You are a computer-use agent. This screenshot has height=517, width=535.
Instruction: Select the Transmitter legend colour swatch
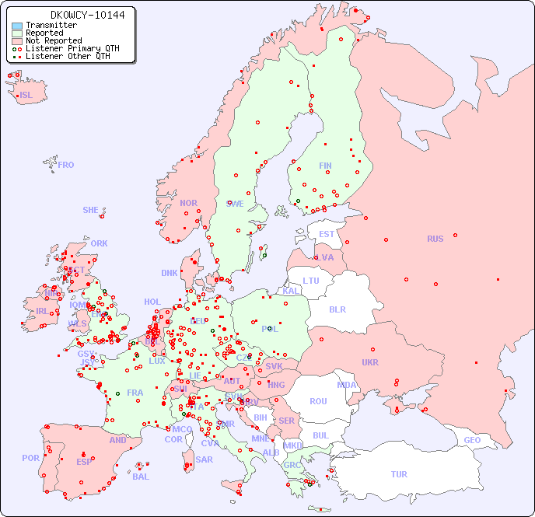17,25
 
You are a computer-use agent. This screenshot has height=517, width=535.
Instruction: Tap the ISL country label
26,96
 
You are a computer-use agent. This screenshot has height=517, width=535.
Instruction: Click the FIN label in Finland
325,166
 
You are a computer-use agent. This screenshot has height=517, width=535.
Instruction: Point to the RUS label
435,239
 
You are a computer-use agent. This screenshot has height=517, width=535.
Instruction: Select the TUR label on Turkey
399,474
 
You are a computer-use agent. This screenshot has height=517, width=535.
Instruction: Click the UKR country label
370,362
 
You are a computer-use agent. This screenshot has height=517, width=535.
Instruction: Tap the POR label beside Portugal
30,458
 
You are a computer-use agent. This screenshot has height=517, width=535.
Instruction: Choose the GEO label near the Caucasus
472,440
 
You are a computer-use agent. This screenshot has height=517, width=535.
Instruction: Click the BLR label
337,309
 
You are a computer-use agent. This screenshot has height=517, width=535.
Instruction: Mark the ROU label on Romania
318,401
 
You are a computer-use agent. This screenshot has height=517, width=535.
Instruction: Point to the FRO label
66,165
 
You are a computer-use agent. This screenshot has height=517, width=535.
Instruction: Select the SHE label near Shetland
91,210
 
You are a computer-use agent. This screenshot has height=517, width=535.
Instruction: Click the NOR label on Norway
188,203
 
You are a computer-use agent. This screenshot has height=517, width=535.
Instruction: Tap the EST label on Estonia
327,234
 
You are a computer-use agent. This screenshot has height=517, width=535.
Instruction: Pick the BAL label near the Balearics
140,477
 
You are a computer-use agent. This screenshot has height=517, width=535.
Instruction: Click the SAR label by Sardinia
204,459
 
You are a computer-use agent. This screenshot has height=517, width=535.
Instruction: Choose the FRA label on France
135,393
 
